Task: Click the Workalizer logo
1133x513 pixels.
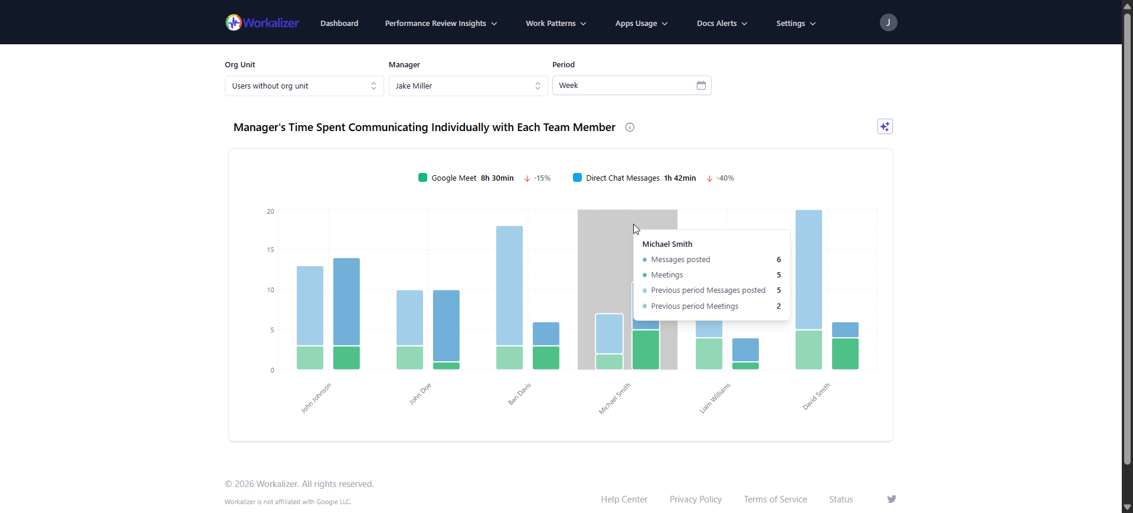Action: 262,23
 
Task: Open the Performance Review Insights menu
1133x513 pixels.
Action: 441,24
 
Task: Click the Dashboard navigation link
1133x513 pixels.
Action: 339,24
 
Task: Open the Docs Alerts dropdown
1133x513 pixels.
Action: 722,24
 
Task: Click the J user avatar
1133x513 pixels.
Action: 888,22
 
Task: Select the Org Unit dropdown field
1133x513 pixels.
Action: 304,86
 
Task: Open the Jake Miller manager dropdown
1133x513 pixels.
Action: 467,86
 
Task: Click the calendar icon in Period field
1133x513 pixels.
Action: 701,86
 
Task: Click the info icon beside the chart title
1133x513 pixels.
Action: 630,128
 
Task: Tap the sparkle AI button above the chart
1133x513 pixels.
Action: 885,127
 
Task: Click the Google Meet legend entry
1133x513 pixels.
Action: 453,178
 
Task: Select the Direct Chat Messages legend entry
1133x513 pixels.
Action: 622,178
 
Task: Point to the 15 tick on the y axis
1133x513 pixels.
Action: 270,250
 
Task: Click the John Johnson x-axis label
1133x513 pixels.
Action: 316,397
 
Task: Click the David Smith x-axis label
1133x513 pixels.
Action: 816,396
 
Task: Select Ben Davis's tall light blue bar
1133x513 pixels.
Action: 509,285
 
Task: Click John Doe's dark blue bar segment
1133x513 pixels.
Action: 446,325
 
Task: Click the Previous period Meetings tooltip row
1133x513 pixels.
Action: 695,306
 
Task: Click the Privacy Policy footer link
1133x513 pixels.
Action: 695,499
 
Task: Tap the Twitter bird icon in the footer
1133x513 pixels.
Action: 891,499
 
